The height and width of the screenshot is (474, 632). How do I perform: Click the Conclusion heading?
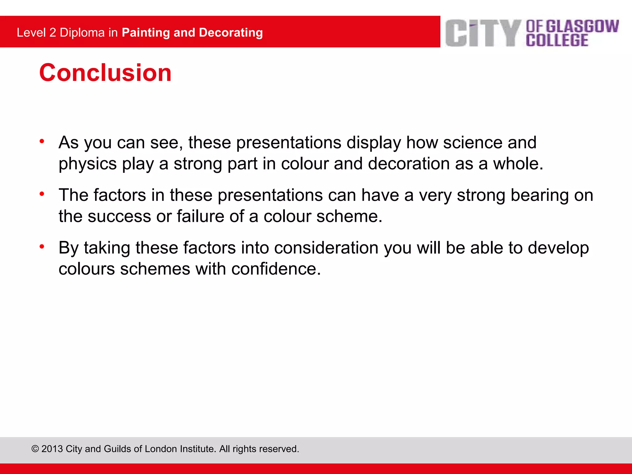click(105, 73)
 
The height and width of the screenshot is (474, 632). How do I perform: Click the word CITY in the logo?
click(483, 33)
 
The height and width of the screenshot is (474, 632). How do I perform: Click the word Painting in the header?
click(146, 33)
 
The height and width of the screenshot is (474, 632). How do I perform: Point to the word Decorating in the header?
click(231, 33)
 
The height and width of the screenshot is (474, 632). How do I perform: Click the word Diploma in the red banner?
click(82, 33)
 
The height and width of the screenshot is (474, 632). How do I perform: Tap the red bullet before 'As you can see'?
click(42, 141)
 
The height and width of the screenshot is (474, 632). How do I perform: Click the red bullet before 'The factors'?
click(42, 194)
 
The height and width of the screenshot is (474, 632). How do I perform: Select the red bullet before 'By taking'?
click(42, 247)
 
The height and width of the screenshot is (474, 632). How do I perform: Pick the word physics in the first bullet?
click(88, 164)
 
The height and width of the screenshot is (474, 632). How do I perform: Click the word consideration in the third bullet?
click(326, 248)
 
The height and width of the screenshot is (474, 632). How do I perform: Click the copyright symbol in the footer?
click(35, 449)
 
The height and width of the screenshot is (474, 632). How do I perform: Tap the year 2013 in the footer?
click(52, 449)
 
